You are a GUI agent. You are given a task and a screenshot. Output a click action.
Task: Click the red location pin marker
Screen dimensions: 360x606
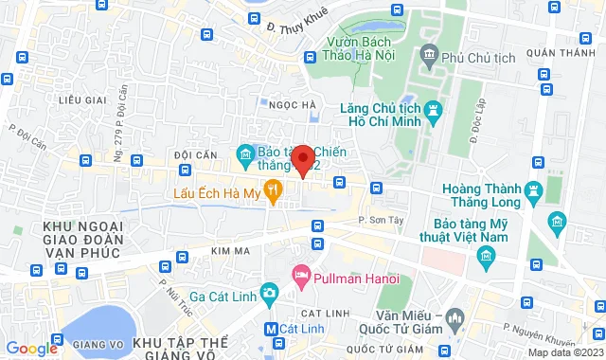pyautogui.click(x=302, y=159)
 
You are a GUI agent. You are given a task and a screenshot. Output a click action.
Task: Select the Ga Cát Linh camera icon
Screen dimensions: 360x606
pyautogui.click(x=269, y=294)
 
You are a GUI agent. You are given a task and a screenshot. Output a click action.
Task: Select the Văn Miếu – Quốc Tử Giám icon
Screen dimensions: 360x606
pyautogui.click(x=455, y=316)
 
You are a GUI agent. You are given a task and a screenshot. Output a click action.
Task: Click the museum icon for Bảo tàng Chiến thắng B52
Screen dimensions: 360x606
pyautogui.click(x=245, y=153)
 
